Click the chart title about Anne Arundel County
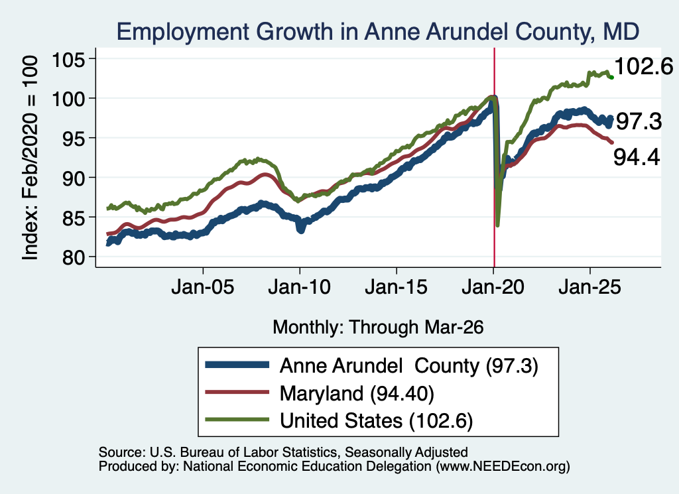[377, 32]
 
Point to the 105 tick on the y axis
[68, 60]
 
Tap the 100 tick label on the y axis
[68, 99]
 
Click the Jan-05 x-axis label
[203, 287]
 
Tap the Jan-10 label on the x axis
[299, 287]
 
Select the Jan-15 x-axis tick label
[397, 287]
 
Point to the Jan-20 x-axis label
[493, 287]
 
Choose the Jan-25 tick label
[589, 287]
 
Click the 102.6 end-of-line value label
[643, 67]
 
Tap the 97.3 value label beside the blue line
[639, 121]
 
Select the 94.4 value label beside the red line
[637, 156]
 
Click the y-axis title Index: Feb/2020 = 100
[31, 158]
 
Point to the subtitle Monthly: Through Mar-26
[378, 328]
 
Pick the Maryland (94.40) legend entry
[357, 394]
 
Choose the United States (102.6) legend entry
[377, 421]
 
